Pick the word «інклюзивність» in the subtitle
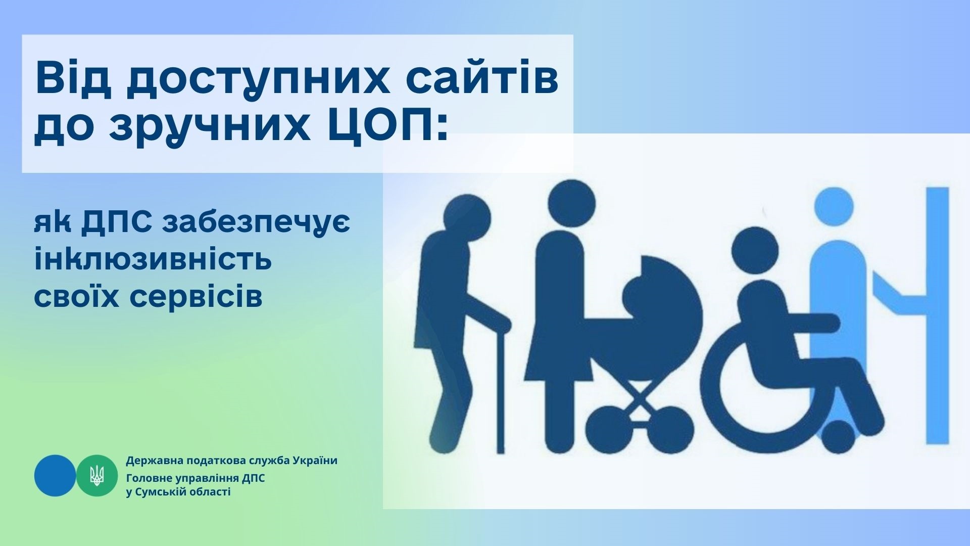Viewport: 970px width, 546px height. [x=153, y=260]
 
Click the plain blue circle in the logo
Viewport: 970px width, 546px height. [x=55, y=475]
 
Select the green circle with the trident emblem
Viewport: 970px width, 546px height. [x=97, y=475]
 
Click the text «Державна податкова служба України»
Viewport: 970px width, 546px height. [x=232, y=461]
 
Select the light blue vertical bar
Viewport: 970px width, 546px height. [x=937, y=316]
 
